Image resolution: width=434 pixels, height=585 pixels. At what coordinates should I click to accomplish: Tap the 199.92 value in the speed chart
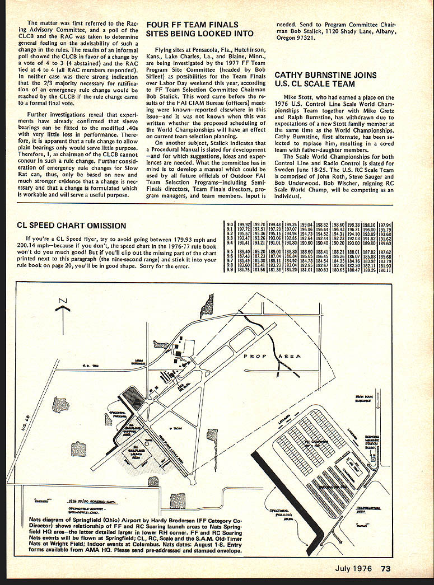[244, 224]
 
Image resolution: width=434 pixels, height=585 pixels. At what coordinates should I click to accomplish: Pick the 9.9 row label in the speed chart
[229, 270]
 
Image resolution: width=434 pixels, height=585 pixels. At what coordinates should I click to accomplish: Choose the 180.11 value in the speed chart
[385, 270]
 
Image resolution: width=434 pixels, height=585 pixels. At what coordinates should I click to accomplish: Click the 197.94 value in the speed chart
[385, 224]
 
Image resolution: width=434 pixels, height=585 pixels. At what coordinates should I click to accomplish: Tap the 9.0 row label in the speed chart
[229, 224]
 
